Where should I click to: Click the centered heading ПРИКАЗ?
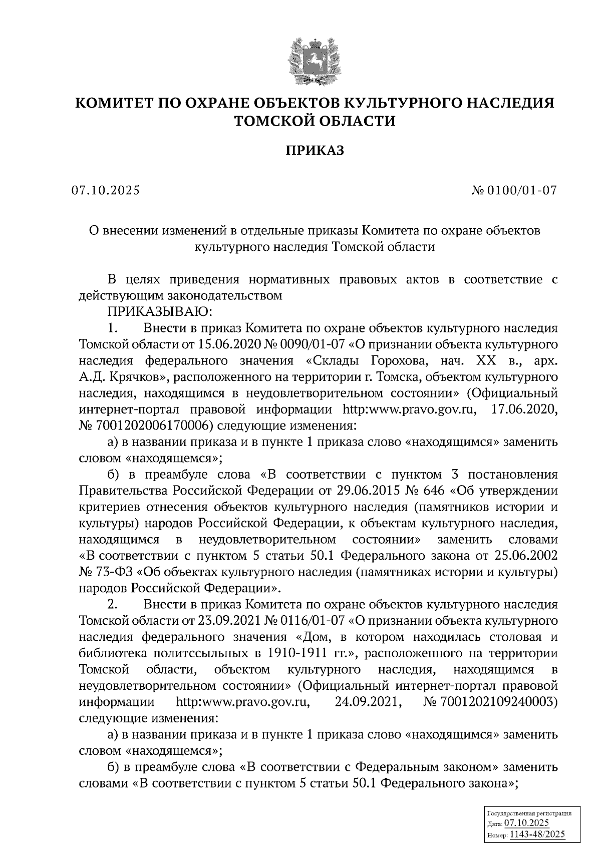click(315, 150)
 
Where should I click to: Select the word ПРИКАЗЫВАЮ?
click(160, 312)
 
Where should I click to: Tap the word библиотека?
click(108, 653)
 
